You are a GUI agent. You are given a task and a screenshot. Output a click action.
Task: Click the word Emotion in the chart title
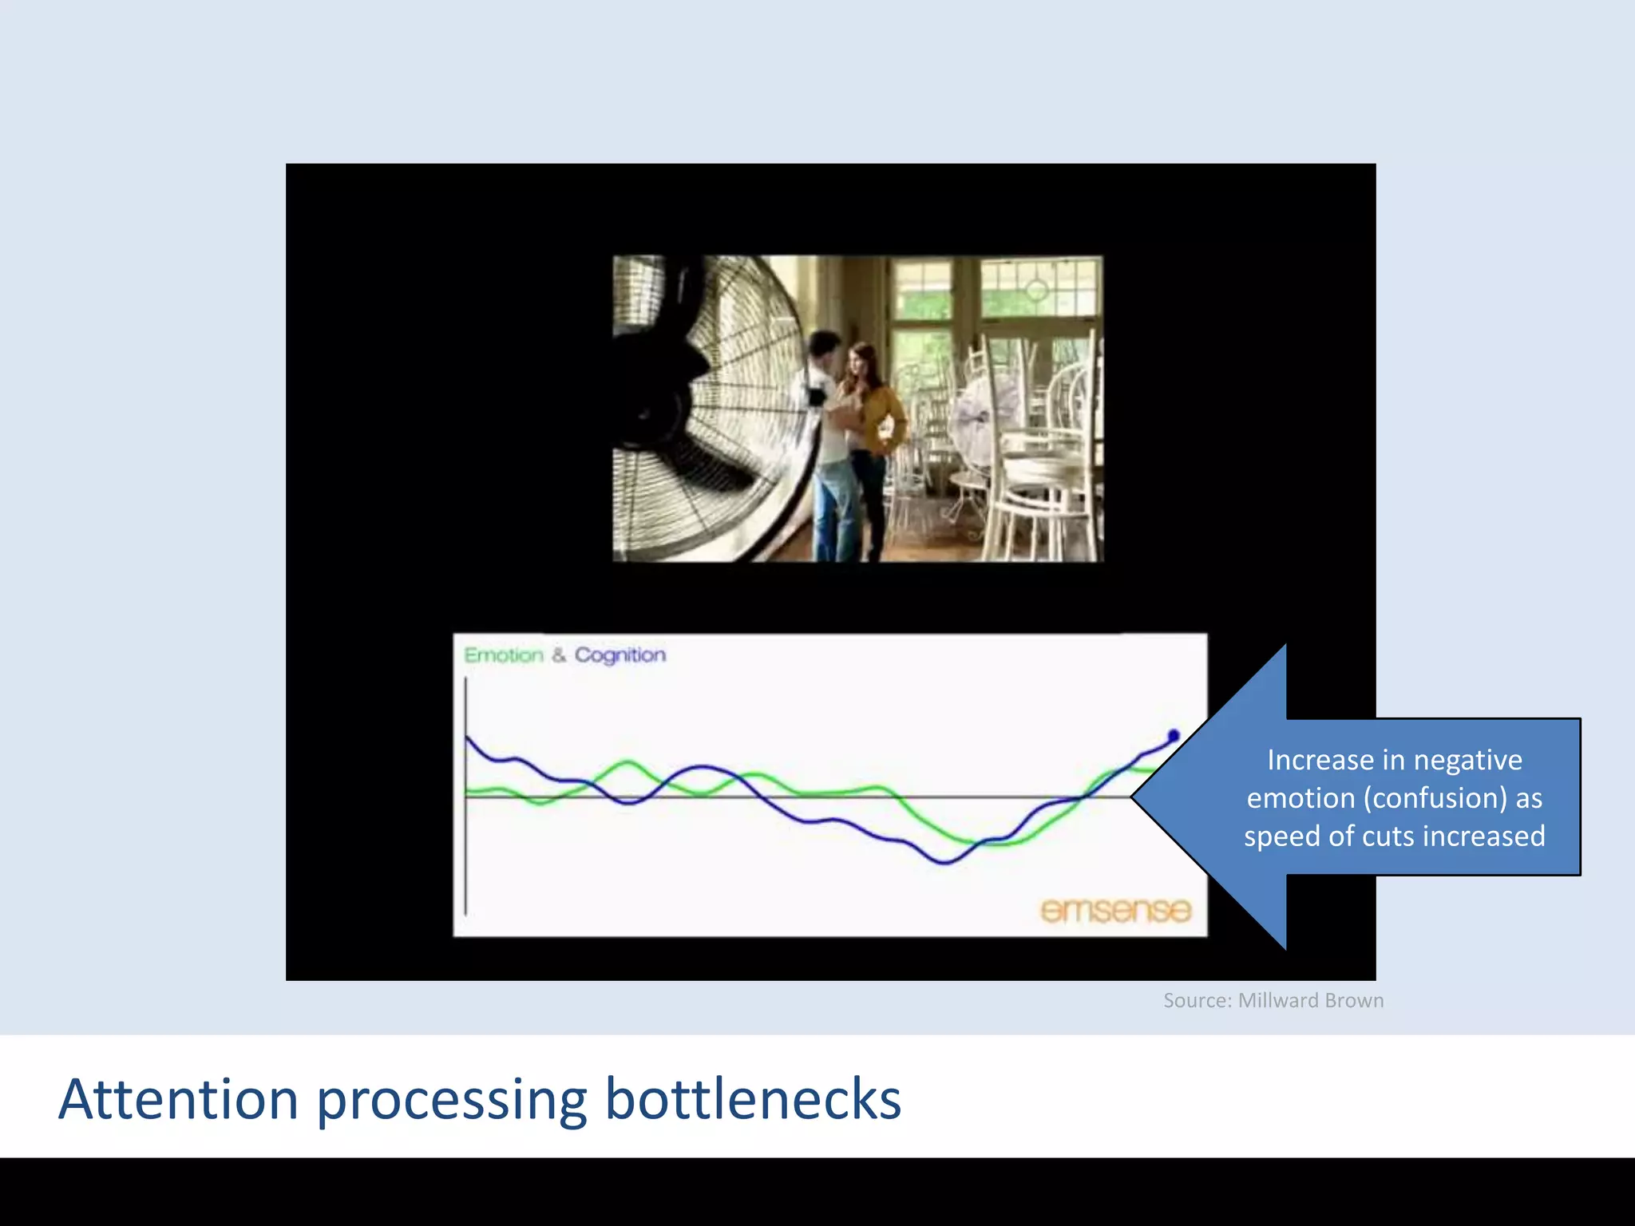(503, 655)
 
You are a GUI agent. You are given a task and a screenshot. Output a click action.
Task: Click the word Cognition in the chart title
(620, 655)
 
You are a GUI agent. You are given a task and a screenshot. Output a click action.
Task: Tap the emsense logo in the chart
(1115, 910)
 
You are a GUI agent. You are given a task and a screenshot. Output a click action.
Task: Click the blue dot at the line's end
(1173, 735)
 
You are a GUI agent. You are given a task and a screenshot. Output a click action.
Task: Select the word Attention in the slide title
(178, 1099)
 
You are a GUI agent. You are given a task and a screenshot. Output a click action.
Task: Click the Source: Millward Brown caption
(1273, 1000)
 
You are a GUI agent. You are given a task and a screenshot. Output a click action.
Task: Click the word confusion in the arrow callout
(1435, 798)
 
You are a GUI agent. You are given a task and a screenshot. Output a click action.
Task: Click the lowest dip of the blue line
(944, 862)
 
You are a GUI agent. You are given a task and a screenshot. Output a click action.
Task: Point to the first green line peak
(628, 763)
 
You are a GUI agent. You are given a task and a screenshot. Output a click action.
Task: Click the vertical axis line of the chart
(465, 798)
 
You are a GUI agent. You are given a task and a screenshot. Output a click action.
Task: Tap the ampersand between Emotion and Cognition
(558, 655)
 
